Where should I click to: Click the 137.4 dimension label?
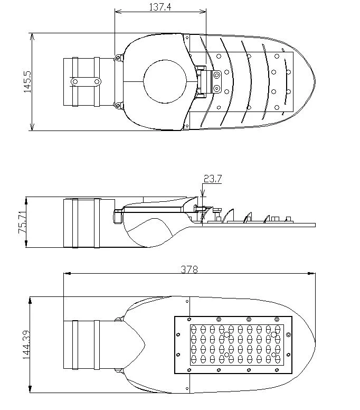160,7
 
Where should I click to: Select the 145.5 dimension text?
27,82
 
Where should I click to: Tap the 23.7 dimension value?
212,179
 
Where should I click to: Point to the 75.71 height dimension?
22,222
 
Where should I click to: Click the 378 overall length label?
189,269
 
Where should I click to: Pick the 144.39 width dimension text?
26,344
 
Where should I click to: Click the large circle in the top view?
165,81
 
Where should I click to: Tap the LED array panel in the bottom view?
233,345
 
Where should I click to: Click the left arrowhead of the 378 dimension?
67,274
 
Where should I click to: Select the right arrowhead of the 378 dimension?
311,274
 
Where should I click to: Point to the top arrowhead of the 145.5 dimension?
32,37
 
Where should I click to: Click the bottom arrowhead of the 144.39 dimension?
30,389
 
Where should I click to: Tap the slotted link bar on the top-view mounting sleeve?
86,82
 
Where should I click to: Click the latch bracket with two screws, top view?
216,82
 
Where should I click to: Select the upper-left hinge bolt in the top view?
118,58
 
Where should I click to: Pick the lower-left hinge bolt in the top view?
118,106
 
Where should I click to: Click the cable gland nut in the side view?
118,216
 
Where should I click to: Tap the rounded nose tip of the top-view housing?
315,81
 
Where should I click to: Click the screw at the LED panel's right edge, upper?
288,334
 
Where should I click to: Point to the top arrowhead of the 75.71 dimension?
26,201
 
